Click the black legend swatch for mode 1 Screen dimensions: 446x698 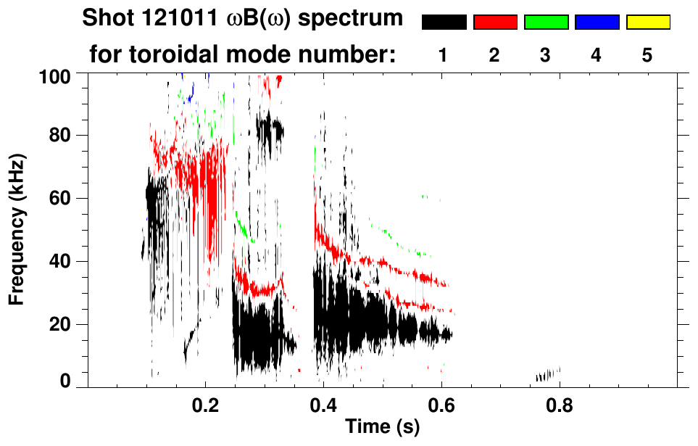coord(444,22)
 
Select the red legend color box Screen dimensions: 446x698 coord(495,22)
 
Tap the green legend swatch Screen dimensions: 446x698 coord(546,22)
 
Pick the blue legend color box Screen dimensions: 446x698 coord(597,22)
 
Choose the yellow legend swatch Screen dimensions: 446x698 coord(648,22)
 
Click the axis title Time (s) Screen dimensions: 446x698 coord(381,427)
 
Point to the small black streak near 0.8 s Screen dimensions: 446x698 coord(549,375)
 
